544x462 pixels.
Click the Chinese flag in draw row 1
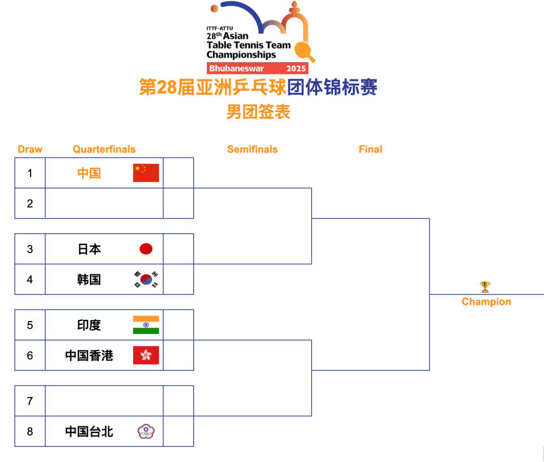pyautogui.click(x=146, y=173)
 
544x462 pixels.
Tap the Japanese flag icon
pyautogui.click(x=146, y=249)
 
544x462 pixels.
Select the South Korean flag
pyautogui.click(x=146, y=279)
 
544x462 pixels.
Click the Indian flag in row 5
pyautogui.click(x=146, y=325)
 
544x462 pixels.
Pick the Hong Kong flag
pyautogui.click(x=146, y=356)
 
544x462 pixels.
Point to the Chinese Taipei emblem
pyautogui.click(x=146, y=432)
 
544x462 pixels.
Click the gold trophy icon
pyautogui.click(x=485, y=287)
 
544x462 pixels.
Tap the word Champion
pyautogui.click(x=486, y=302)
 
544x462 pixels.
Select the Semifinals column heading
pyautogui.click(x=252, y=149)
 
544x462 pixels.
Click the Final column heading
pyautogui.click(x=370, y=149)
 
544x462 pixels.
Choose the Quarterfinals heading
pyautogui.click(x=104, y=149)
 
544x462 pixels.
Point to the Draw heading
pyautogui.click(x=30, y=149)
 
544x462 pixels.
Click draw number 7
pyautogui.click(x=30, y=401)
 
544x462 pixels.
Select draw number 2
pyautogui.click(x=30, y=203)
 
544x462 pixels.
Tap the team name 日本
pyautogui.click(x=89, y=249)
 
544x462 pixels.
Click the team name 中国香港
pyautogui.click(x=89, y=356)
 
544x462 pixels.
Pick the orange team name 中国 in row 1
pyautogui.click(x=89, y=173)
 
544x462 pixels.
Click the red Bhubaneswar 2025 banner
pyautogui.click(x=257, y=69)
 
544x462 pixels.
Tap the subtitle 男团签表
pyautogui.click(x=258, y=112)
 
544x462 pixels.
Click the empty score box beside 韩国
pyautogui.click(x=178, y=279)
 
